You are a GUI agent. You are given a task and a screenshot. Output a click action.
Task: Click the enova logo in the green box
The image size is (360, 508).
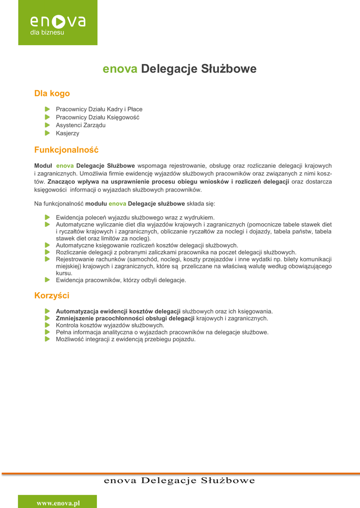coord(58,21)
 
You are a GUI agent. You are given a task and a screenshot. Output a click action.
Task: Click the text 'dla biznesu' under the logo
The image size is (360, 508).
coord(47,33)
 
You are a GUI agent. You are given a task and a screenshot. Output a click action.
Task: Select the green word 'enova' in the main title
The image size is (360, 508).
coord(120,68)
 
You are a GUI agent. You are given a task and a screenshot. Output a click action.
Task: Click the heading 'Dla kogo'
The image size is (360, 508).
coord(52,93)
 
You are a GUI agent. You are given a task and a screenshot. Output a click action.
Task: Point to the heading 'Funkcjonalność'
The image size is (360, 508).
coord(67,149)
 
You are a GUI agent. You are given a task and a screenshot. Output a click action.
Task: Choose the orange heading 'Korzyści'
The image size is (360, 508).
coord(52,296)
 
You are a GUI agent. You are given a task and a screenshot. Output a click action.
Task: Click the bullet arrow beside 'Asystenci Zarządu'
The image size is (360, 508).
coord(47,125)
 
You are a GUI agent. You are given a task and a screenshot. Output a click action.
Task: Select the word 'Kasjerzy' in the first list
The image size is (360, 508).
coord(68,133)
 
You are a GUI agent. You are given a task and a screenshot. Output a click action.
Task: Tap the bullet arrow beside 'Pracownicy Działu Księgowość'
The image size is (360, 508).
coord(47,117)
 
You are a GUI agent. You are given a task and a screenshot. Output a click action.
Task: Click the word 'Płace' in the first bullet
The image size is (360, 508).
coord(135,109)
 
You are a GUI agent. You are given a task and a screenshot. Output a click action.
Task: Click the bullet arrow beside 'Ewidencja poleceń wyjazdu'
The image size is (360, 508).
coord(47,217)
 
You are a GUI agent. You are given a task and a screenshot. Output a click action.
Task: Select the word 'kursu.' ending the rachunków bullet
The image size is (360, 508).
coord(64,273)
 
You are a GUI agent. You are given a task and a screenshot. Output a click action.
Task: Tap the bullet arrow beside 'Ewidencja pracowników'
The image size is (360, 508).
coord(47,280)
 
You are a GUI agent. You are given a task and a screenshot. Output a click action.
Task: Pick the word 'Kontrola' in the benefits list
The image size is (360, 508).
coord(67,325)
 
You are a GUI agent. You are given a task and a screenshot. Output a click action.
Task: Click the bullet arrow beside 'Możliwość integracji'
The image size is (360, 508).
coord(47,339)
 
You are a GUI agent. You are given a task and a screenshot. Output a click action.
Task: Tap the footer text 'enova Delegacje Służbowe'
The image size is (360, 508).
coord(179,480)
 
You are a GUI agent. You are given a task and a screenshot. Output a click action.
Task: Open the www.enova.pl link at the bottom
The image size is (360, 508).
coord(58,503)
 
